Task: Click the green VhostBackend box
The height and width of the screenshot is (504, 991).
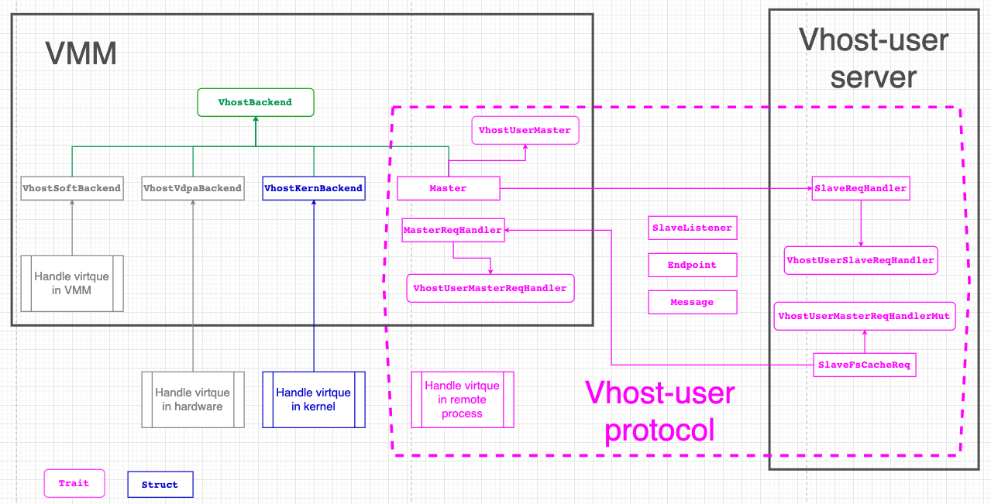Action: [x=255, y=102]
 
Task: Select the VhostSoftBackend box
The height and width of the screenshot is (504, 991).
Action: [x=72, y=188]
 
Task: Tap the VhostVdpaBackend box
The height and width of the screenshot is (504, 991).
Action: [x=193, y=188]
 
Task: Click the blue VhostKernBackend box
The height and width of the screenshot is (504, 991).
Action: [x=314, y=188]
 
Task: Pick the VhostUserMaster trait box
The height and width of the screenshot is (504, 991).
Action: [x=525, y=130]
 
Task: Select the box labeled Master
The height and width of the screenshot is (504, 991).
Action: [x=448, y=188]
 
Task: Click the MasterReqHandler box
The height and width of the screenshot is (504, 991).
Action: [x=453, y=230]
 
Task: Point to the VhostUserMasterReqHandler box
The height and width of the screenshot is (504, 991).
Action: [x=490, y=288]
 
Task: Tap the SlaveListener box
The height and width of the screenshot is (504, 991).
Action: [x=692, y=228]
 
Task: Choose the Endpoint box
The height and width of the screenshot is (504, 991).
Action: [x=692, y=265]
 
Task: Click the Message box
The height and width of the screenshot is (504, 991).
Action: [x=692, y=302]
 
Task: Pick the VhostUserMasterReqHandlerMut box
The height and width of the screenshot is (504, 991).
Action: [x=865, y=316]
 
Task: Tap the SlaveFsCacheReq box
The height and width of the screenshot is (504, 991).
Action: [x=865, y=365]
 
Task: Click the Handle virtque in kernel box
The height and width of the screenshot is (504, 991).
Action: [x=314, y=399]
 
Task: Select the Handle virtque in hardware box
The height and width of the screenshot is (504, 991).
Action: [x=193, y=399]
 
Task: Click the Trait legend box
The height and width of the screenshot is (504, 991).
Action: [x=74, y=483]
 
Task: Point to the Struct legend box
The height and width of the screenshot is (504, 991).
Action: [x=160, y=485]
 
